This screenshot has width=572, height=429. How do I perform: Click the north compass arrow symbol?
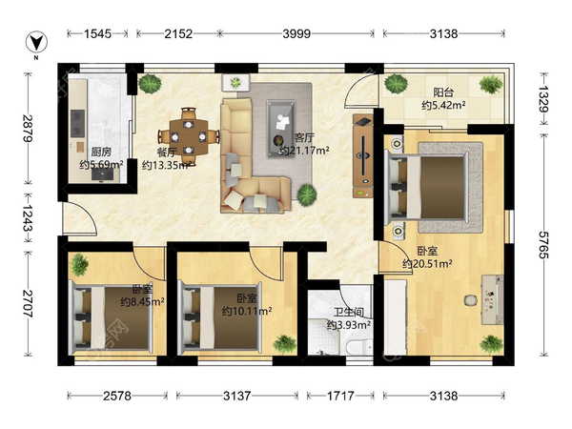[x=37, y=42]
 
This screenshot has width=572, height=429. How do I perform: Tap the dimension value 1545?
[x=97, y=34]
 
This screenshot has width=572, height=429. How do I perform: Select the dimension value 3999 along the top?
[x=296, y=34]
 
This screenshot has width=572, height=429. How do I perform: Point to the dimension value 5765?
[x=544, y=245]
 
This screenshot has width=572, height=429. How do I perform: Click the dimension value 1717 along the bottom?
[x=340, y=396]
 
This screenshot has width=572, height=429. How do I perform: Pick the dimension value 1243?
[x=28, y=217]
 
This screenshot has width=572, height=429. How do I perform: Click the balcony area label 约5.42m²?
[x=443, y=106]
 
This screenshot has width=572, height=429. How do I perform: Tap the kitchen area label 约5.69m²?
[x=101, y=165]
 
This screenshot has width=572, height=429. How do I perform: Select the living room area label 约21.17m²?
[x=305, y=150]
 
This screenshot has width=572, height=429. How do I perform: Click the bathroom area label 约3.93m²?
[x=349, y=324]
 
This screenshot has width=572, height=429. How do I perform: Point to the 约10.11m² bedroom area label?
[x=247, y=311]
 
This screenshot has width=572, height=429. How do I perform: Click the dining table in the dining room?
[x=188, y=136]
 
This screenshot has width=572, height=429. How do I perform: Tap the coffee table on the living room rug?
[x=280, y=129]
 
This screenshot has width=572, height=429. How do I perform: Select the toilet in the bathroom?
[x=359, y=346]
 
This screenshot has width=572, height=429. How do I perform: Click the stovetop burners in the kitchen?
[x=78, y=123]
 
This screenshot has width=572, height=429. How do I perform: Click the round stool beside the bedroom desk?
[x=471, y=300]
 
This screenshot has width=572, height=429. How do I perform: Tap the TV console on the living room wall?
[x=363, y=155]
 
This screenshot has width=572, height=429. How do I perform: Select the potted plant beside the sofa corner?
[x=306, y=195]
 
